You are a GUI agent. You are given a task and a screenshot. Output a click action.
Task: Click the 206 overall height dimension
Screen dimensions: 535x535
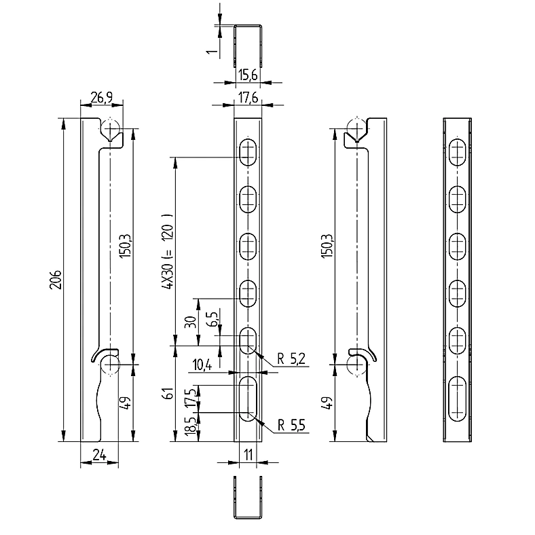[56, 280]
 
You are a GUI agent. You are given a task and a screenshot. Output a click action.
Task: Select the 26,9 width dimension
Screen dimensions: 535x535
[101, 98]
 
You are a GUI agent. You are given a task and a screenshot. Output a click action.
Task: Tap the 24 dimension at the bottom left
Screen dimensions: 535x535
[99, 455]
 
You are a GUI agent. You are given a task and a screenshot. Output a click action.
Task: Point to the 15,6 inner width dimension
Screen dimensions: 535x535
[248, 75]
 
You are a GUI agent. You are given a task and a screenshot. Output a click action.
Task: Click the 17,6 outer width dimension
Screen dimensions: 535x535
[248, 98]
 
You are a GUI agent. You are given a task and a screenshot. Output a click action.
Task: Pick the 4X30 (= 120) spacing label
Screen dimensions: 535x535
[168, 252]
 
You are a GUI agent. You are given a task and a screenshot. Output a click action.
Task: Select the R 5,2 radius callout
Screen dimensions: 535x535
[291, 358]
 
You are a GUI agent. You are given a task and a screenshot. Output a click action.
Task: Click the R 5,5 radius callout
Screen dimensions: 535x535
[291, 425]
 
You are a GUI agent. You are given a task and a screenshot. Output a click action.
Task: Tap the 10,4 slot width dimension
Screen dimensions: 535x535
[202, 365]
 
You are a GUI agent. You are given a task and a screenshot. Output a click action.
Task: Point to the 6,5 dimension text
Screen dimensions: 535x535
[213, 319]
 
